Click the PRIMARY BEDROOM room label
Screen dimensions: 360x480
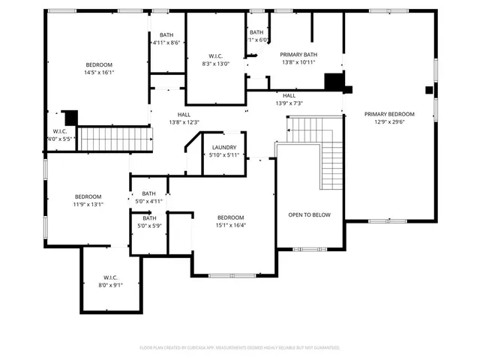click(x=388, y=114)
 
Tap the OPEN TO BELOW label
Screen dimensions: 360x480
click(x=309, y=214)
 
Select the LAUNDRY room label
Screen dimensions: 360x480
click(x=224, y=147)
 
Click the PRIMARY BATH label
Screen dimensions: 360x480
click(x=299, y=55)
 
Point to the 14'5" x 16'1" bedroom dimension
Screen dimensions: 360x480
click(x=98, y=73)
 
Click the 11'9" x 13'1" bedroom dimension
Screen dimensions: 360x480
click(x=88, y=204)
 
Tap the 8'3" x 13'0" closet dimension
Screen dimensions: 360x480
click(x=215, y=64)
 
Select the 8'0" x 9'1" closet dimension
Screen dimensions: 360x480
click(x=110, y=285)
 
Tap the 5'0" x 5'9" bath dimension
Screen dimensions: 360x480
click(x=149, y=226)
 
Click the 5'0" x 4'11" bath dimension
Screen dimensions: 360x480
click(x=149, y=201)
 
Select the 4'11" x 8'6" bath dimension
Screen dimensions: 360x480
click(x=166, y=43)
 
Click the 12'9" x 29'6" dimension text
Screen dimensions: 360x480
click(x=388, y=122)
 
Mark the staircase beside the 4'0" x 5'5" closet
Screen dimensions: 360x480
click(x=115, y=139)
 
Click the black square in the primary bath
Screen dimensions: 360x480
click(x=332, y=81)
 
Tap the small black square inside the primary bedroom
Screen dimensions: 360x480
click(x=428, y=90)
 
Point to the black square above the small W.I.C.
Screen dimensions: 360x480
click(x=70, y=118)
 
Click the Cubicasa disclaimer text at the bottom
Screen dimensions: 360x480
click(x=240, y=348)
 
